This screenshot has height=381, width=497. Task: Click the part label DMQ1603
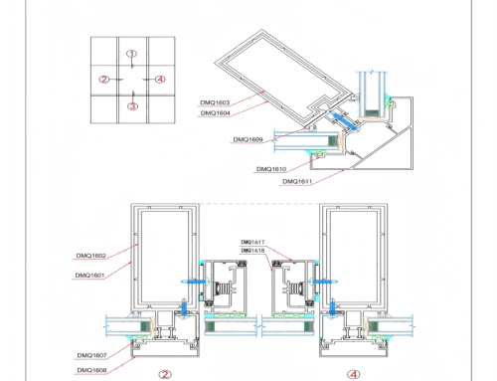coord(214,101)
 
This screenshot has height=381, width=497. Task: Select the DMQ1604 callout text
coord(214,112)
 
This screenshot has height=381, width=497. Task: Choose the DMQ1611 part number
coord(297,182)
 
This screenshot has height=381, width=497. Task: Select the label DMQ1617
coord(253,242)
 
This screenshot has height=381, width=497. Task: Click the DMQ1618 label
coord(253,250)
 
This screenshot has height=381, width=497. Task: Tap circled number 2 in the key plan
coord(103,79)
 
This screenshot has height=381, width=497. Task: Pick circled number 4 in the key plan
coord(161,79)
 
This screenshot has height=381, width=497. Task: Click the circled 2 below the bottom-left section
coord(165,374)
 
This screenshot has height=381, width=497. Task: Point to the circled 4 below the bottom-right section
coord(354,374)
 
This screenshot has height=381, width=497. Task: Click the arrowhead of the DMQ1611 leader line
coord(349,168)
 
